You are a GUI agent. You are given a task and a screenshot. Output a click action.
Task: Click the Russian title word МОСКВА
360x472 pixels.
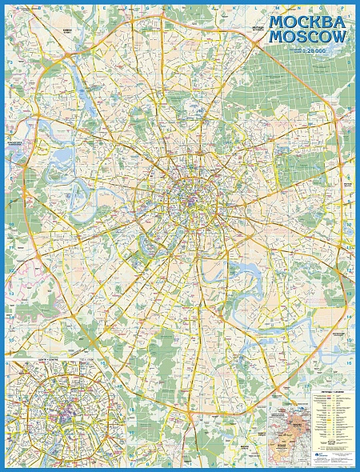click(x=307, y=21)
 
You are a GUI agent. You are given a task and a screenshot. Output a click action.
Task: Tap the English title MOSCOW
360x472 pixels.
click(x=307, y=37)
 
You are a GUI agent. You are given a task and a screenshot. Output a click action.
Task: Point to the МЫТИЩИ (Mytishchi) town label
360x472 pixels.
click(x=247, y=26)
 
